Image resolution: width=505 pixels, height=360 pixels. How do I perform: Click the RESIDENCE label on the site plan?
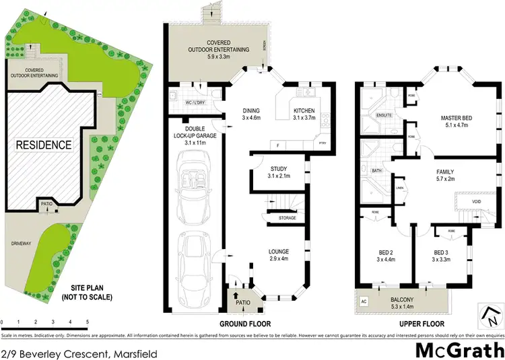[x=43, y=144]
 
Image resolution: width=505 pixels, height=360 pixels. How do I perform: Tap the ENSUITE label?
[x=384, y=116]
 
